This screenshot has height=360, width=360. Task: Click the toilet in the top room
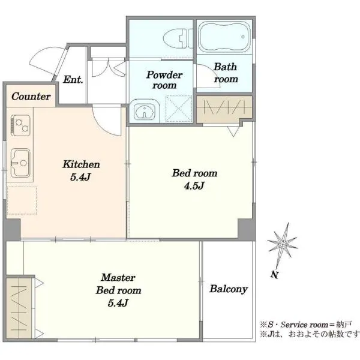click(x=178, y=38)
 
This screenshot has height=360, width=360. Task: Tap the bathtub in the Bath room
click(x=224, y=37)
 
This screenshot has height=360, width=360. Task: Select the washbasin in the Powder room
click(x=145, y=111)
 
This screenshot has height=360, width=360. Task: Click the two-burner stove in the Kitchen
click(x=20, y=125)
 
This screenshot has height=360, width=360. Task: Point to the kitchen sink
click(x=20, y=163)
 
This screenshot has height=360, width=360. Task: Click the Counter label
click(x=31, y=96)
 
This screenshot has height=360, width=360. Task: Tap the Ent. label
click(x=73, y=79)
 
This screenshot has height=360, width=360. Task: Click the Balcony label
click(x=229, y=289)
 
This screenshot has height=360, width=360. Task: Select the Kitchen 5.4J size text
click(x=80, y=177)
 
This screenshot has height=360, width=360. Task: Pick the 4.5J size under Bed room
click(x=194, y=186)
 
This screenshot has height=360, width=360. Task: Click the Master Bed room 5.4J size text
click(x=118, y=303)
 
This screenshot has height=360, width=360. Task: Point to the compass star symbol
click(x=283, y=244)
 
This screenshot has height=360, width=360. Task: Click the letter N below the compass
click(x=274, y=275)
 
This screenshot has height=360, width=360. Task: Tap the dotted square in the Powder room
click(x=179, y=109)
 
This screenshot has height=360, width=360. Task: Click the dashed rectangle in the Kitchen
click(x=22, y=200)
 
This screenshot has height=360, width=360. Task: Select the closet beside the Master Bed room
click(x=19, y=308)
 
